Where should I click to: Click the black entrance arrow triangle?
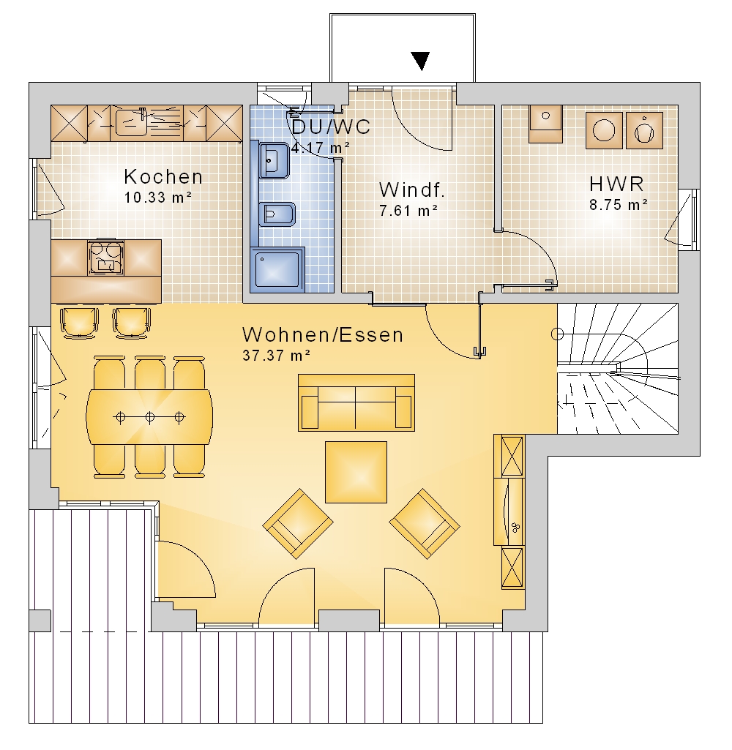point(421,60)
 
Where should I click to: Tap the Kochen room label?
point(163,177)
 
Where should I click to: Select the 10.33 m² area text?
point(158,197)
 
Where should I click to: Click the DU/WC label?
point(331,127)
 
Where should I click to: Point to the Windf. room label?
point(412,190)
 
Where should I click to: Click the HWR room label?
point(616,184)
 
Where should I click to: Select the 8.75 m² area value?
point(618,205)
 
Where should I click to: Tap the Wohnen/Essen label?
point(323,335)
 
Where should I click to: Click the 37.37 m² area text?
point(277,356)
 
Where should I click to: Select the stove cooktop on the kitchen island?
point(106,258)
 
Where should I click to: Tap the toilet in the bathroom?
point(277,214)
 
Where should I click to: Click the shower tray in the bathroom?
point(277,270)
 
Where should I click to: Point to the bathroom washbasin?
point(274,160)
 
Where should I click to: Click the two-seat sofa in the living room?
point(356,402)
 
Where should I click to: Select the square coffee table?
point(356,472)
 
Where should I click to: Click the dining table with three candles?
point(150,417)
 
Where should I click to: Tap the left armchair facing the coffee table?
point(298,523)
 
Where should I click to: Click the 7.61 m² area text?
point(408,211)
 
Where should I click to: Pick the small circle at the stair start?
point(557,334)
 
